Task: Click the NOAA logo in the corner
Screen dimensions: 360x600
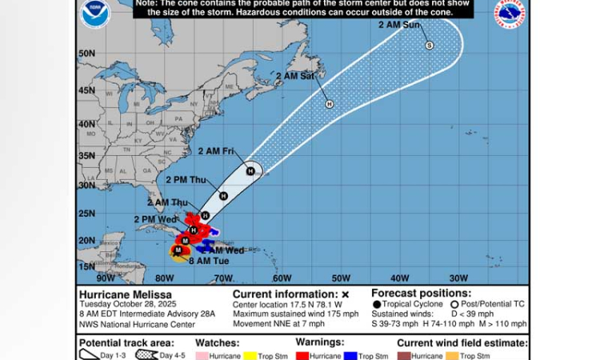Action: coord(95,14)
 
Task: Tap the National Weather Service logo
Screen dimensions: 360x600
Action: coord(510,14)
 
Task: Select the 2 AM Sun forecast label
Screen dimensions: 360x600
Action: coord(399,26)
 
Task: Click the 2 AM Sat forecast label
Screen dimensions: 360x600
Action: coord(294,77)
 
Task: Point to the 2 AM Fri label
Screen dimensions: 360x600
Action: coord(215,151)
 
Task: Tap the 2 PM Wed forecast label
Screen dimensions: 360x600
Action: coord(156,218)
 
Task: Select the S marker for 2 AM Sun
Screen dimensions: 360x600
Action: coord(430,46)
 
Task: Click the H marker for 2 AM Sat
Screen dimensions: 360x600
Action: coord(329,104)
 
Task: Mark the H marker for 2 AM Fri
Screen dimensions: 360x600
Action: coord(250,170)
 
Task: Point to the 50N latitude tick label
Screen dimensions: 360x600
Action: coord(87,54)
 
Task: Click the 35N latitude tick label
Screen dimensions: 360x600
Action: coord(87,156)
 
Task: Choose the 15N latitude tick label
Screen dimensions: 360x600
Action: coord(87,266)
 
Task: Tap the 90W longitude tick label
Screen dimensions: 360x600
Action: coord(105,278)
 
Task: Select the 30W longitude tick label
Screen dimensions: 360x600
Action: coord(458,278)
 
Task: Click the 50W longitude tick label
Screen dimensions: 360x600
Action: coord(341,278)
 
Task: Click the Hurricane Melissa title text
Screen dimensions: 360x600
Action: coord(114,294)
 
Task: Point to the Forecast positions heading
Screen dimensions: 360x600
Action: coord(422,293)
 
